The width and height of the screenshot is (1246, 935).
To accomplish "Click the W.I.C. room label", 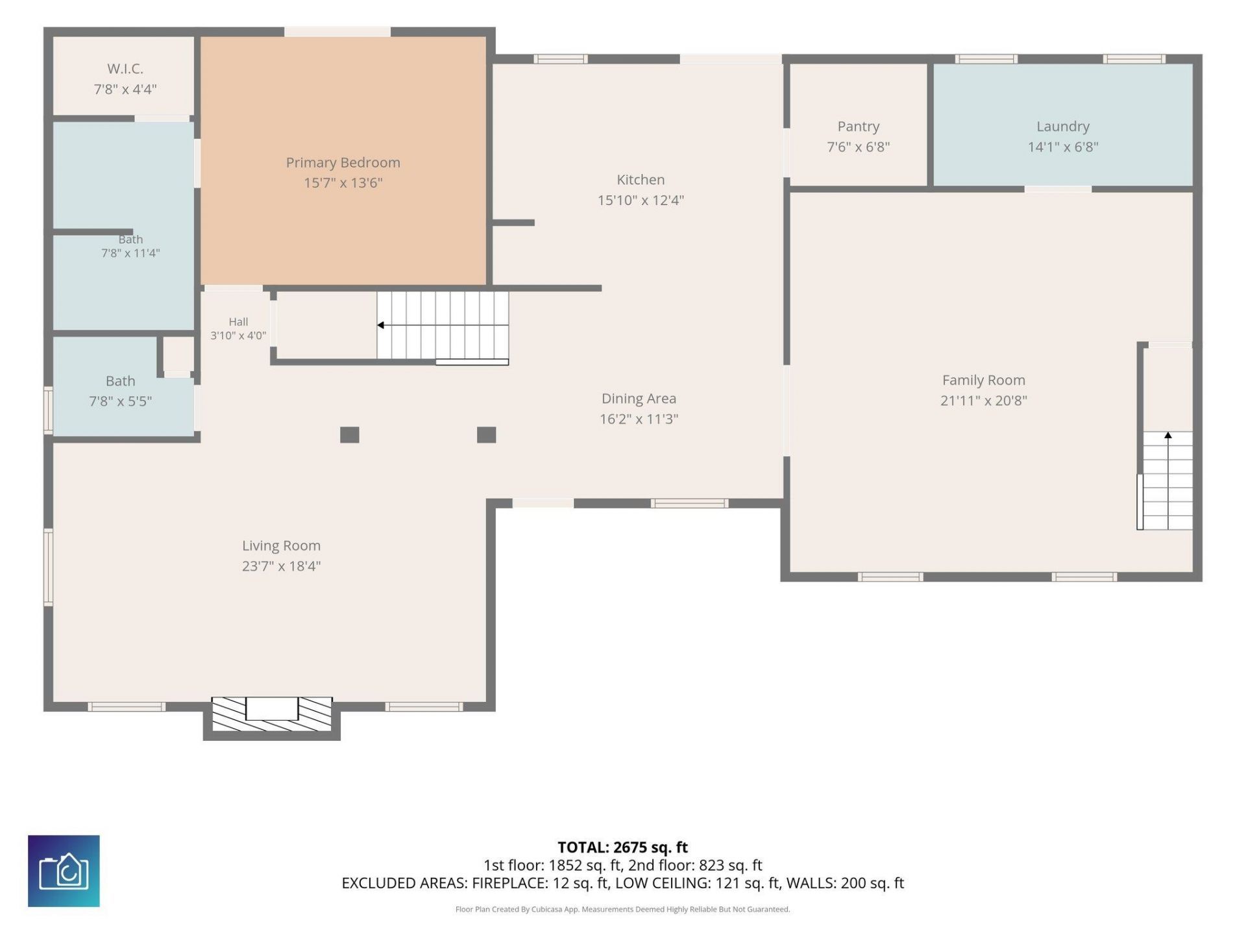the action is (x=125, y=68).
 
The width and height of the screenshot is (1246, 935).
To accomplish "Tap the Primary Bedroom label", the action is (x=343, y=162).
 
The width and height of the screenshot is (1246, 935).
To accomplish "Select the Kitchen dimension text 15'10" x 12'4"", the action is (x=641, y=200).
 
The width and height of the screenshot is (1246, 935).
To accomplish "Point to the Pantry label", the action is (x=858, y=127).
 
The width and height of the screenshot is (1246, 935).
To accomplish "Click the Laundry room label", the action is (x=1062, y=127).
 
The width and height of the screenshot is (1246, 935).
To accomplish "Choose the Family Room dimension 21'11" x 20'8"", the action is (x=983, y=401).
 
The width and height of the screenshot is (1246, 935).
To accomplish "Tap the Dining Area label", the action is (x=639, y=399).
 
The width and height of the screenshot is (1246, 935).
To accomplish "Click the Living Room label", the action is (x=281, y=546).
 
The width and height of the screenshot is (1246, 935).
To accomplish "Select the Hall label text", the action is (x=238, y=321).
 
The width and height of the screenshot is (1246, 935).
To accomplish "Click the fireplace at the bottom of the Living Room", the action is (x=272, y=714).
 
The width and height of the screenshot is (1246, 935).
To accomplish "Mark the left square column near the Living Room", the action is (x=350, y=435).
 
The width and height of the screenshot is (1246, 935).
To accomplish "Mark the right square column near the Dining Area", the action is (x=487, y=435).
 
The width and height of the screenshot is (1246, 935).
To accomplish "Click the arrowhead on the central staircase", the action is (x=381, y=325).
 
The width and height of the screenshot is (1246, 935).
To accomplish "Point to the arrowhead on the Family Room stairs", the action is (x=1168, y=435).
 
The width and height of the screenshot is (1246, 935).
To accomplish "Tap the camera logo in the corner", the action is (x=64, y=871).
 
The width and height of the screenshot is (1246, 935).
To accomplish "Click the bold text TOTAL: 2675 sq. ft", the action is (x=622, y=847).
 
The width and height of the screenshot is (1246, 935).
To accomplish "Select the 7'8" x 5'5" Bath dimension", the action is (x=121, y=401).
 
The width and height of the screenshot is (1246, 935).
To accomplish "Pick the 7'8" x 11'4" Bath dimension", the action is (x=130, y=253).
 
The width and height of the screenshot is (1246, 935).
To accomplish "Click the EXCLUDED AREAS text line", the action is (x=622, y=883).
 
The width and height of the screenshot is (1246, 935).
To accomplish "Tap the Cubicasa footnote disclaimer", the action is (x=622, y=910).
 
